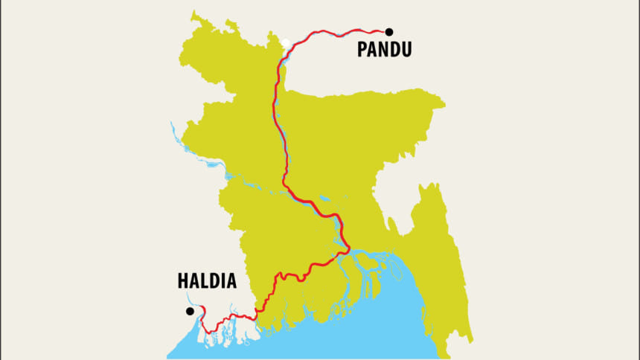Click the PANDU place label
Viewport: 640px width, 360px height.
(384, 50)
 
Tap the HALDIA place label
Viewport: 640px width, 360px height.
(207, 281)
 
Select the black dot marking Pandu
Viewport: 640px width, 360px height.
(388, 32)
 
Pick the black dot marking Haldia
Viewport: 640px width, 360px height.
(190, 311)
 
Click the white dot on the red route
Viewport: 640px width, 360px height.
(286, 42)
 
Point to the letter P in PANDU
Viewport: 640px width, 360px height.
(362, 50)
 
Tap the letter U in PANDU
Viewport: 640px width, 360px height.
(406, 50)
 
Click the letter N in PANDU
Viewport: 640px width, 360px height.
(383, 50)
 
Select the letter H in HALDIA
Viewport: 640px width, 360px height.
(182, 281)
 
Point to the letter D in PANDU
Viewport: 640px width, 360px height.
(394, 50)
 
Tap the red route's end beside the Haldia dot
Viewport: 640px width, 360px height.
(200, 307)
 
